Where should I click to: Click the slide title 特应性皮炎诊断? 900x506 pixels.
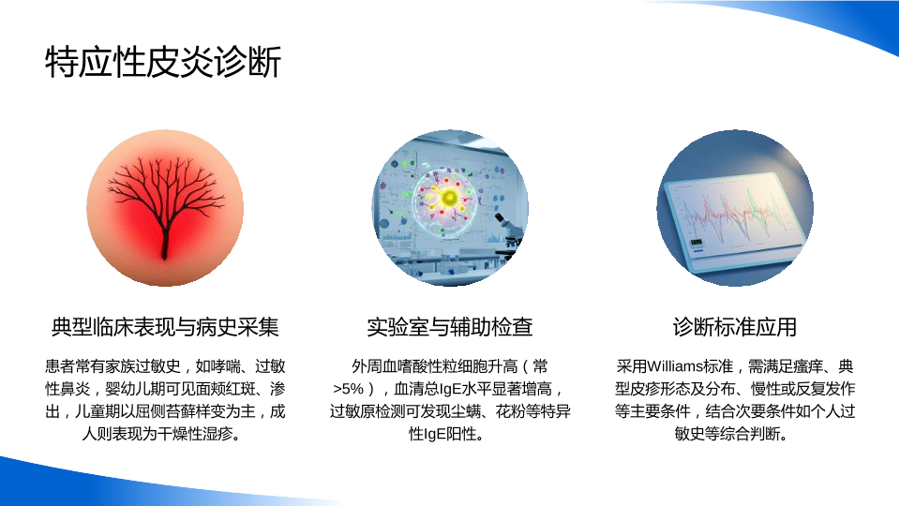163,62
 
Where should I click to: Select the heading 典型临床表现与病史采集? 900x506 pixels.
165,327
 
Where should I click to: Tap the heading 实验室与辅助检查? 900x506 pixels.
450,327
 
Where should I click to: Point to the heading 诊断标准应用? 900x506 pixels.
735,327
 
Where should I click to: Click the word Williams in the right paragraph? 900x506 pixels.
674,366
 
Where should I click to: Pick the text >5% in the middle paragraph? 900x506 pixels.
348,389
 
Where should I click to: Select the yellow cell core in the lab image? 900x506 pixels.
449,198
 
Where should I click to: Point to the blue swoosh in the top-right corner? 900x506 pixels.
803,22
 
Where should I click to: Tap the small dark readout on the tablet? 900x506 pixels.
697,242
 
